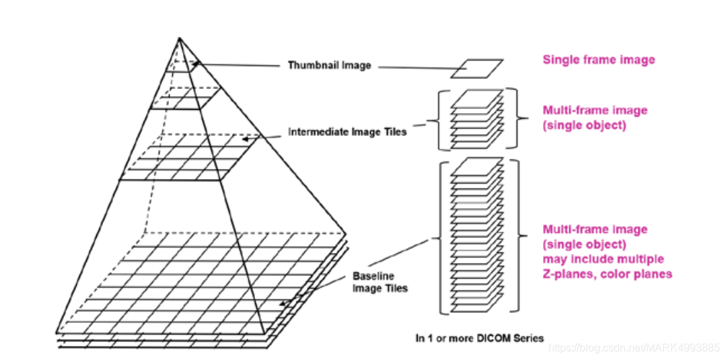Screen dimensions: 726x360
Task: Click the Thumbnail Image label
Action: (330, 65)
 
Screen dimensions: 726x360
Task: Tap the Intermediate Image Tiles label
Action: (347, 132)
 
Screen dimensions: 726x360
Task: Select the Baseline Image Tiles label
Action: (380, 282)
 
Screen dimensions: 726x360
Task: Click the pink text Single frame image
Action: (599, 60)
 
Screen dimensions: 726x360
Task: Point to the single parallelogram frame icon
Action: (476, 69)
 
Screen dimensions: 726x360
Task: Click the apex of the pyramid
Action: (179, 38)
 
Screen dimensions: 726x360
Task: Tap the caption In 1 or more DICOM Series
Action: (479, 338)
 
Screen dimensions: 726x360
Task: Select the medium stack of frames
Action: (476, 119)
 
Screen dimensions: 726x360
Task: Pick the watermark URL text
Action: (634, 348)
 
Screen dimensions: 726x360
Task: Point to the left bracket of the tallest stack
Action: (442, 237)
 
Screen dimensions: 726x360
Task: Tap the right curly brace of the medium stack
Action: (519, 119)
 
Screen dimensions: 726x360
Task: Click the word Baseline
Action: (373, 276)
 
